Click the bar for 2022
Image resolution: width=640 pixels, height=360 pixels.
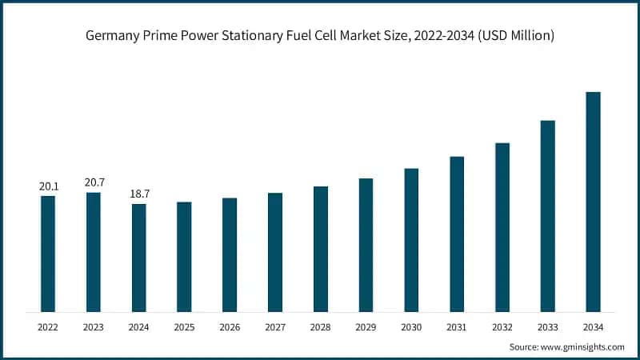[48, 254]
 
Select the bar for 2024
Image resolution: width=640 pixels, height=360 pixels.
[139, 258]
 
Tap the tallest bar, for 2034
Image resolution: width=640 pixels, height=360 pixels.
[593, 202]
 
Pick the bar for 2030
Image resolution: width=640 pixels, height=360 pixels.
[411, 240]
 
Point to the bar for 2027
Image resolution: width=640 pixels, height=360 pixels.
[275, 252]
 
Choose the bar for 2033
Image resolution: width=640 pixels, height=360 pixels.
[547, 216]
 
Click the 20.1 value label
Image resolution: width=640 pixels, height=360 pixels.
[48, 186]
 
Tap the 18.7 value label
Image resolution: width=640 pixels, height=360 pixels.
[139, 194]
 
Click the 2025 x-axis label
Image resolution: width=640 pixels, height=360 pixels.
[184, 327]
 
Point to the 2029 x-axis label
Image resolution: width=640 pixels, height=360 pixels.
[366, 327]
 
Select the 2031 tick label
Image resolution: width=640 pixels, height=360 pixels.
[457, 327]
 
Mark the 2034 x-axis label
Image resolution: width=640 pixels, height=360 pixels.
[593, 327]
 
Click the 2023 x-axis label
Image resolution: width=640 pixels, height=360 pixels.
[94, 327]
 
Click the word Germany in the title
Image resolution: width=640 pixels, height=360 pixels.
[110, 36]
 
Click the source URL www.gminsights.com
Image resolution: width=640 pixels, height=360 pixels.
[582, 347]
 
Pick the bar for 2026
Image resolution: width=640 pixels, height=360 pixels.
[230, 254]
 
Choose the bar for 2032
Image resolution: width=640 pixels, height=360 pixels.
[502, 227]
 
